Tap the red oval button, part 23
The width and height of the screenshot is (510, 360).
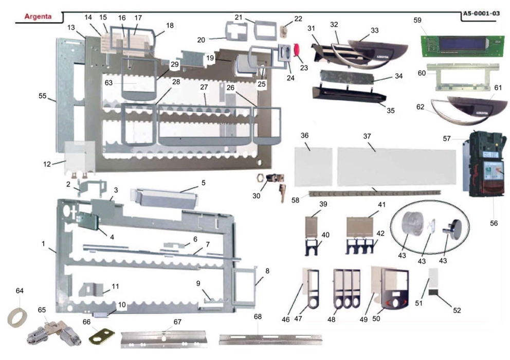[297, 50]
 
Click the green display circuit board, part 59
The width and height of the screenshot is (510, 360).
[456, 45]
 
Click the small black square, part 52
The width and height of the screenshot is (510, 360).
[434, 293]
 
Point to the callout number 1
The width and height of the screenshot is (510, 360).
[44, 243]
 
